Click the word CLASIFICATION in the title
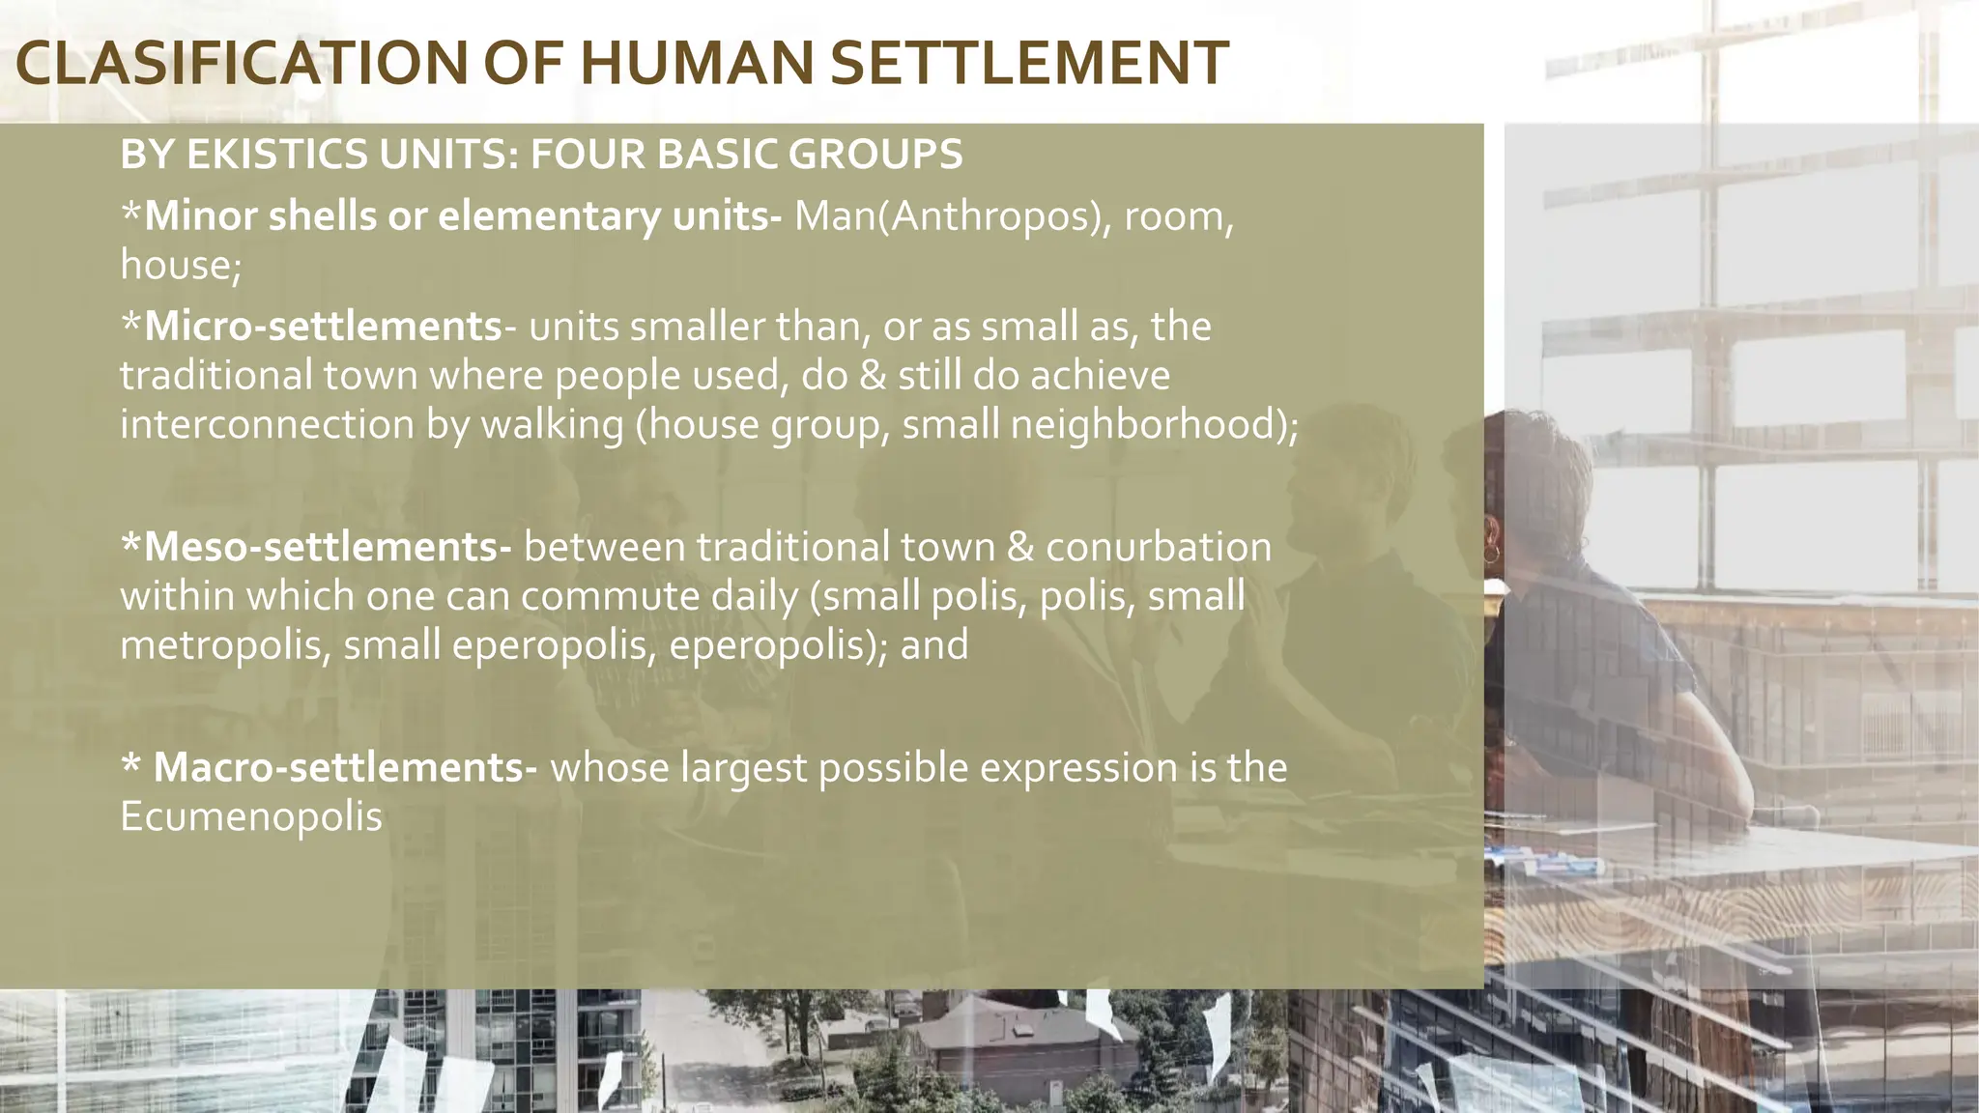tap(242, 64)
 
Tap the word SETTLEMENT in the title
tap(1028, 64)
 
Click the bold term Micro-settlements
tap(323, 327)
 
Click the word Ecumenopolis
tap(251, 816)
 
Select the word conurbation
tap(1159, 547)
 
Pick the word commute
tap(611, 596)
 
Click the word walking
tap(552, 424)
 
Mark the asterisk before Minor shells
tap(131, 213)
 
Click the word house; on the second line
tap(180, 265)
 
